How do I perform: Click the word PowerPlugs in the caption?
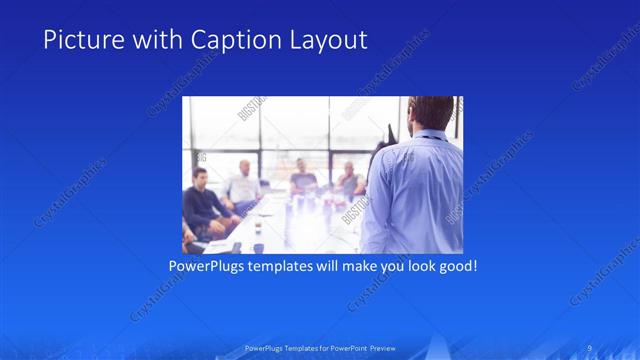point(205,267)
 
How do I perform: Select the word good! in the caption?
point(456,267)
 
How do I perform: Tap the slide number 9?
point(591,348)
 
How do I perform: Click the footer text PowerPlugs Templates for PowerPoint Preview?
point(320,348)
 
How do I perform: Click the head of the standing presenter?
point(431,112)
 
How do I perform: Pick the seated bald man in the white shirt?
point(243,185)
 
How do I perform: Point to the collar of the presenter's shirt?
point(428,134)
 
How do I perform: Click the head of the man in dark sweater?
point(200,178)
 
